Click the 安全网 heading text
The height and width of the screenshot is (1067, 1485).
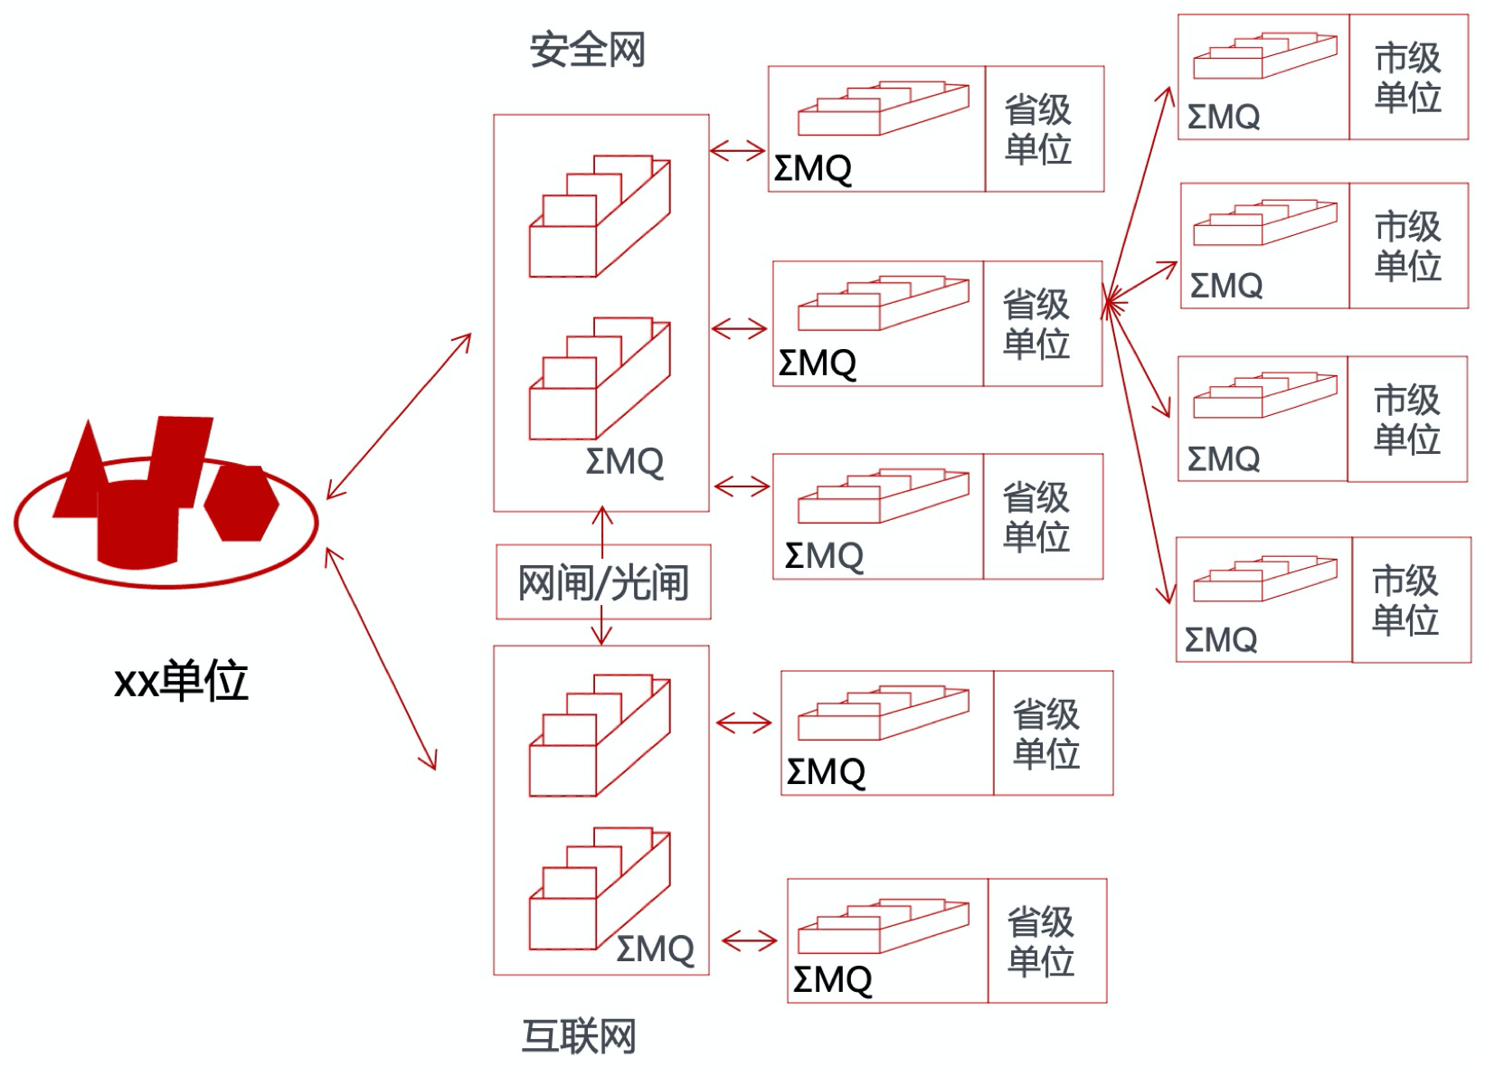[x=587, y=50]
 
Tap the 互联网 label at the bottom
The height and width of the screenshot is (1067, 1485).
[x=580, y=1035]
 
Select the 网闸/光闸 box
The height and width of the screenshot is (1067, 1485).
[x=603, y=582]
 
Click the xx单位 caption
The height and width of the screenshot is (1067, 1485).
[x=181, y=681]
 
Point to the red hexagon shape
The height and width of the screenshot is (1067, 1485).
[x=241, y=503]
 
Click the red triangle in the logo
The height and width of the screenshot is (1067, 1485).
[x=80, y=469]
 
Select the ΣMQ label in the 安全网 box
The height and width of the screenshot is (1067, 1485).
[x=625, y=461]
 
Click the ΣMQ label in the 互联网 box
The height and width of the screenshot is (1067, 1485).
[x=655, y=949]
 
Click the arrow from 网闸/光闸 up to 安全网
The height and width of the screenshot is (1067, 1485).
[x=602, y=531]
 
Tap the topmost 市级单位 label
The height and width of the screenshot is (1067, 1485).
[x=1408, y=78]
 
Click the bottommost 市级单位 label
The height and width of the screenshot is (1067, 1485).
[x=1405, y=600]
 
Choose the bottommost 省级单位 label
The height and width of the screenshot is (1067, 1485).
[x=1041, y=941]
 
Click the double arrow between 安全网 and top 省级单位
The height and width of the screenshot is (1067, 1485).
[x=737, y=151]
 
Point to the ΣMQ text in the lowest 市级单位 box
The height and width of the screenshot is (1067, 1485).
[x=1221, y=639]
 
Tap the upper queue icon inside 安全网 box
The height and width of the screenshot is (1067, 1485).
[x=600, y=216]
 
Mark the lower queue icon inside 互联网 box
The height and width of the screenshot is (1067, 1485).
[x=600, y=888]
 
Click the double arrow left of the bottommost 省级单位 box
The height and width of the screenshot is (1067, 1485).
[x=749, y=940]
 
